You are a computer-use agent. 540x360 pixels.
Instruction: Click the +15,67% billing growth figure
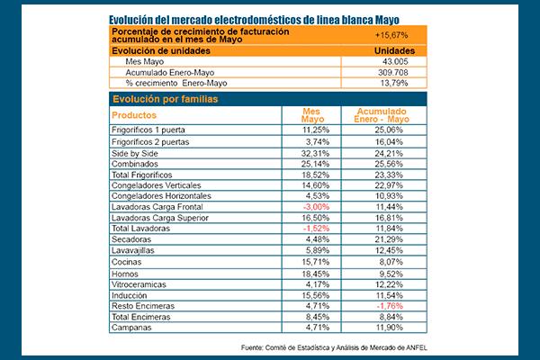pyautogui.click(x=391, y=35)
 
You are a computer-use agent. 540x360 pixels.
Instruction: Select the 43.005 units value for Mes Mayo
pyautogui.click(x=395, y=62)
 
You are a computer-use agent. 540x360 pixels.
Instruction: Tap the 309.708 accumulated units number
pyautogui.click(x=393, y=72)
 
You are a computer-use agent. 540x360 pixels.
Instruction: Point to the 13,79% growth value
pyautogui.click(x=394, y=83)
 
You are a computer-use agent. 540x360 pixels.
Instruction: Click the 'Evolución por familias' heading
pyautogui.click(x=166, y=99)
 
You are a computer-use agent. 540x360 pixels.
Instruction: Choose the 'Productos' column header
pyautogui.click(x=134, y=115)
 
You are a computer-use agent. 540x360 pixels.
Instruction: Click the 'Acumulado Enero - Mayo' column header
pyautogui.click(x=382, y=115)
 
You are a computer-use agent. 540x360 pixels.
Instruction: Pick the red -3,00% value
pyautogui.click(x=316, y=207)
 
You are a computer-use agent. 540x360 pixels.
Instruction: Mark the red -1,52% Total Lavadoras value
pyautogui.click(x=316, y=229)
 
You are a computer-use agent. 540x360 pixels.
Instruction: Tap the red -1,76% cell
pyautogui.click(x=390, y=306)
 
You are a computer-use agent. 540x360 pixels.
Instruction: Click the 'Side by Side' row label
pyautogui.click(x=135, y=153)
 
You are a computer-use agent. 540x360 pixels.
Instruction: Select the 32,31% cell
pyautogui.click(x=316, y=153)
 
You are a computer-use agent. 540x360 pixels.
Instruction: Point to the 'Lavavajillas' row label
pyautogui.click(x=133, y=250)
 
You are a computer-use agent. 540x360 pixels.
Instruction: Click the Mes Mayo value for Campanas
pyautogui.click(x=318, y=328)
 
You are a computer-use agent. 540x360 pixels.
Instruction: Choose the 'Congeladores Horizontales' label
pyautogui.click(x=161, y=196)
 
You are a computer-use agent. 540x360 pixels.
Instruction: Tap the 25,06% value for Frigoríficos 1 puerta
pyautogui.click(x=389, y=130)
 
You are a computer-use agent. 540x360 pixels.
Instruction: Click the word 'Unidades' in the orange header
pyautogui.click(x=395, y=51)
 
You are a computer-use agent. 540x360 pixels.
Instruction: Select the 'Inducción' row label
pyautogui.click(x=129, y=295)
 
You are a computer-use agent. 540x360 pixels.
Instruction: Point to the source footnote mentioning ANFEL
pyautogui.click(x=334, y=347)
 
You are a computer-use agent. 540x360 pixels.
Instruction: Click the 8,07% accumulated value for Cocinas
pyautogui.click(x=391, y=262)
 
